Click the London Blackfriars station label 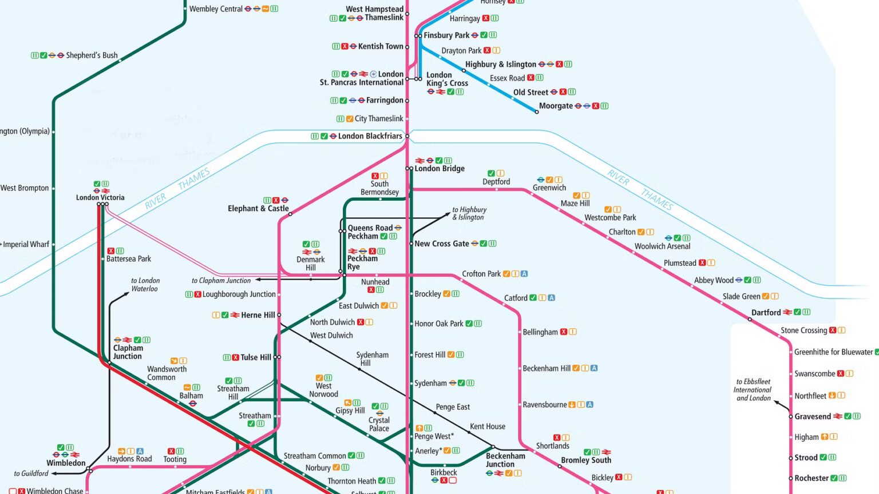click(370, 136)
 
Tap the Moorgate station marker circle click(536, 112)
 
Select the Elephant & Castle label click(258, 209)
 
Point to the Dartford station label click(766, 313)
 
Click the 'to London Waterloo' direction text click(145, 285)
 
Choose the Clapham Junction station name click(128, 352)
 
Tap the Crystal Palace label click(379, 424)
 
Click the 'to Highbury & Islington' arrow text click(469, 213)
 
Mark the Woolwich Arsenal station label click(662, 246)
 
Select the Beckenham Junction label click(505, 460)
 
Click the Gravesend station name click(812, 417)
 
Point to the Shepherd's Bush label click(92, 55)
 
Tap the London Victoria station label click(100, 198)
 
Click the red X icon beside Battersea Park click(111, 251)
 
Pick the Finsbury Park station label click(446, 35)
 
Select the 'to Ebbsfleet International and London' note click(753, 390)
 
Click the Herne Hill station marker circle click(279, 315)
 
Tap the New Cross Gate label click(441, 244)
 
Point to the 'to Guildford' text click(31, 473)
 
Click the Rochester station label click(811, 479)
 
